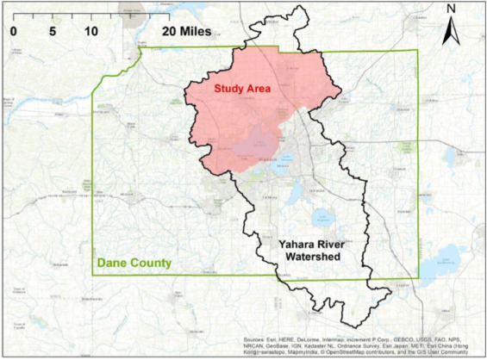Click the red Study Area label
(x=242, y=89)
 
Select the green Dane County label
(x=134, y=262)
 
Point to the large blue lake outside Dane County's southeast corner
(x=448, y=254)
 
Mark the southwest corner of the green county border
(x=93, y=275)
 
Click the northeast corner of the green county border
(x=418, y=52)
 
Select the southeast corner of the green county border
(x=418, y=277)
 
